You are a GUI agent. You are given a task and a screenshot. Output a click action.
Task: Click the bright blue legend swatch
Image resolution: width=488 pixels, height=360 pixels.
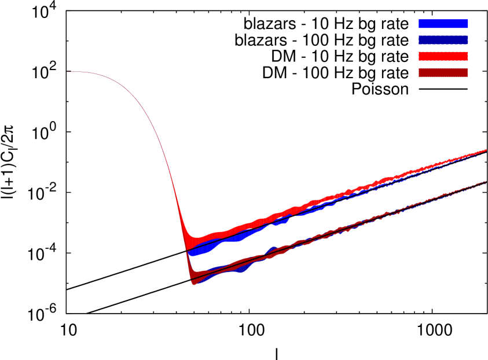pos(443,24)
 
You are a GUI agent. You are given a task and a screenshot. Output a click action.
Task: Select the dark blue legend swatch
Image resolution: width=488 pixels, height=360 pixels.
pos(443,41)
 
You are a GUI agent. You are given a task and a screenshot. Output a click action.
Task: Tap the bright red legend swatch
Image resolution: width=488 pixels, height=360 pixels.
pos(443,57)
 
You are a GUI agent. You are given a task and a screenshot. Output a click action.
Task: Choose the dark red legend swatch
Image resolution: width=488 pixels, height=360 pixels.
pos(443,73)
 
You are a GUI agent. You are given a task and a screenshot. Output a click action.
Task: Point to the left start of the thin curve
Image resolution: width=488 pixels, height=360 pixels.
pos(67,72)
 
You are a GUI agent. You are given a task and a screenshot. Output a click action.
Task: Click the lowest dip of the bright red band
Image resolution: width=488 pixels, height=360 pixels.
pos(194,241)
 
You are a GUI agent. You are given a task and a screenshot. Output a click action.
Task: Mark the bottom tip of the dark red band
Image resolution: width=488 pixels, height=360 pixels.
pos(194,284)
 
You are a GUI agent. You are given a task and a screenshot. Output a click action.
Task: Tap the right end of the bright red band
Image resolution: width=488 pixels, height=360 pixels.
pos(485,150)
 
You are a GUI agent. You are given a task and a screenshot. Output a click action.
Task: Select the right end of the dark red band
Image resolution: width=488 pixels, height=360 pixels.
pos(485,182)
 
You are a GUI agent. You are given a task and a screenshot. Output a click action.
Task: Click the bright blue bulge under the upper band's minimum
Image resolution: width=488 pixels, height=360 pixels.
pos(200,251)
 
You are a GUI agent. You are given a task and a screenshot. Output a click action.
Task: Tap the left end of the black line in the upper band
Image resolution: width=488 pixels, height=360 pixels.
pos(187,251)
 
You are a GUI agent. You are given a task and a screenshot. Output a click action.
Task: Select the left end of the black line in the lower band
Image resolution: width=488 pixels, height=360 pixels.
pos(191,280)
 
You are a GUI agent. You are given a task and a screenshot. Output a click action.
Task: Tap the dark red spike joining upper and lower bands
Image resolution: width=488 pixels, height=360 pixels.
pos(188,260)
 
